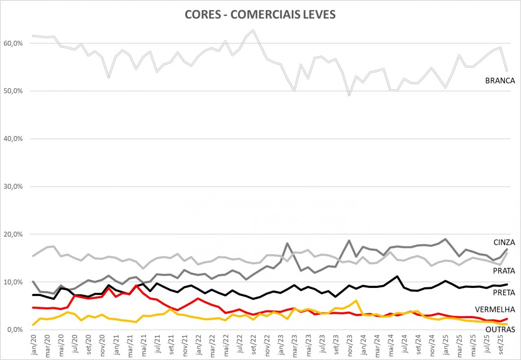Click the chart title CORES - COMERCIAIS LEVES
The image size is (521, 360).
(260, 15)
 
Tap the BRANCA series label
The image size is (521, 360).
(500, 81)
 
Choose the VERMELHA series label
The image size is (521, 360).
(498, 310)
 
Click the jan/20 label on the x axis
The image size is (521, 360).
(34, 345)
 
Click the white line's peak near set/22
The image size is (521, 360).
(254, 30)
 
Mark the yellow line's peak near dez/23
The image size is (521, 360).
(356, 301)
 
